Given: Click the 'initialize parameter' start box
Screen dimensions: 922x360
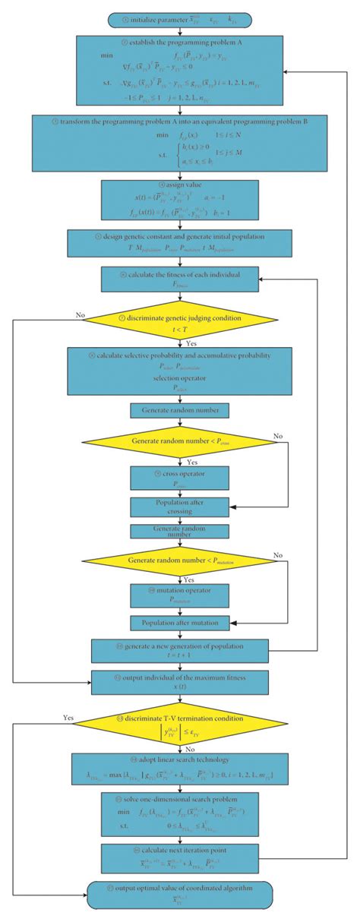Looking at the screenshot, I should [180, 19].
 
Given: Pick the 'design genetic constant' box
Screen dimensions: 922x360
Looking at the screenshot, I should [180, 244].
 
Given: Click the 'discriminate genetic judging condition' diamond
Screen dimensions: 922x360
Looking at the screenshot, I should [180, 319].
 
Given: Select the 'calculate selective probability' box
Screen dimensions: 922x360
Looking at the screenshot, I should [180, 371].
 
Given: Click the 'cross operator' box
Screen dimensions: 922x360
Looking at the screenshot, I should [180, 477].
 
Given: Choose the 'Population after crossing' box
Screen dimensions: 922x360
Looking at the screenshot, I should [180, 506].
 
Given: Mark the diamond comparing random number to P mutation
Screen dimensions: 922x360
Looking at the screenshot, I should [180, 561].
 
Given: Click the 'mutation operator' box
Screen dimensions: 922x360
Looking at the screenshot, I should [180, 595].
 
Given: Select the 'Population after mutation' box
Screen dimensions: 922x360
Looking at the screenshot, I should [180, 624].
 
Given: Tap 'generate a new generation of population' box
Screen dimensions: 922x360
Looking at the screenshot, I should [180, 651].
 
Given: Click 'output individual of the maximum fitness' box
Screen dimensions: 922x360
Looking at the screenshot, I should [180, 682].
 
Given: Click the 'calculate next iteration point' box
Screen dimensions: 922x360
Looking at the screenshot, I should [180, 857].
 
